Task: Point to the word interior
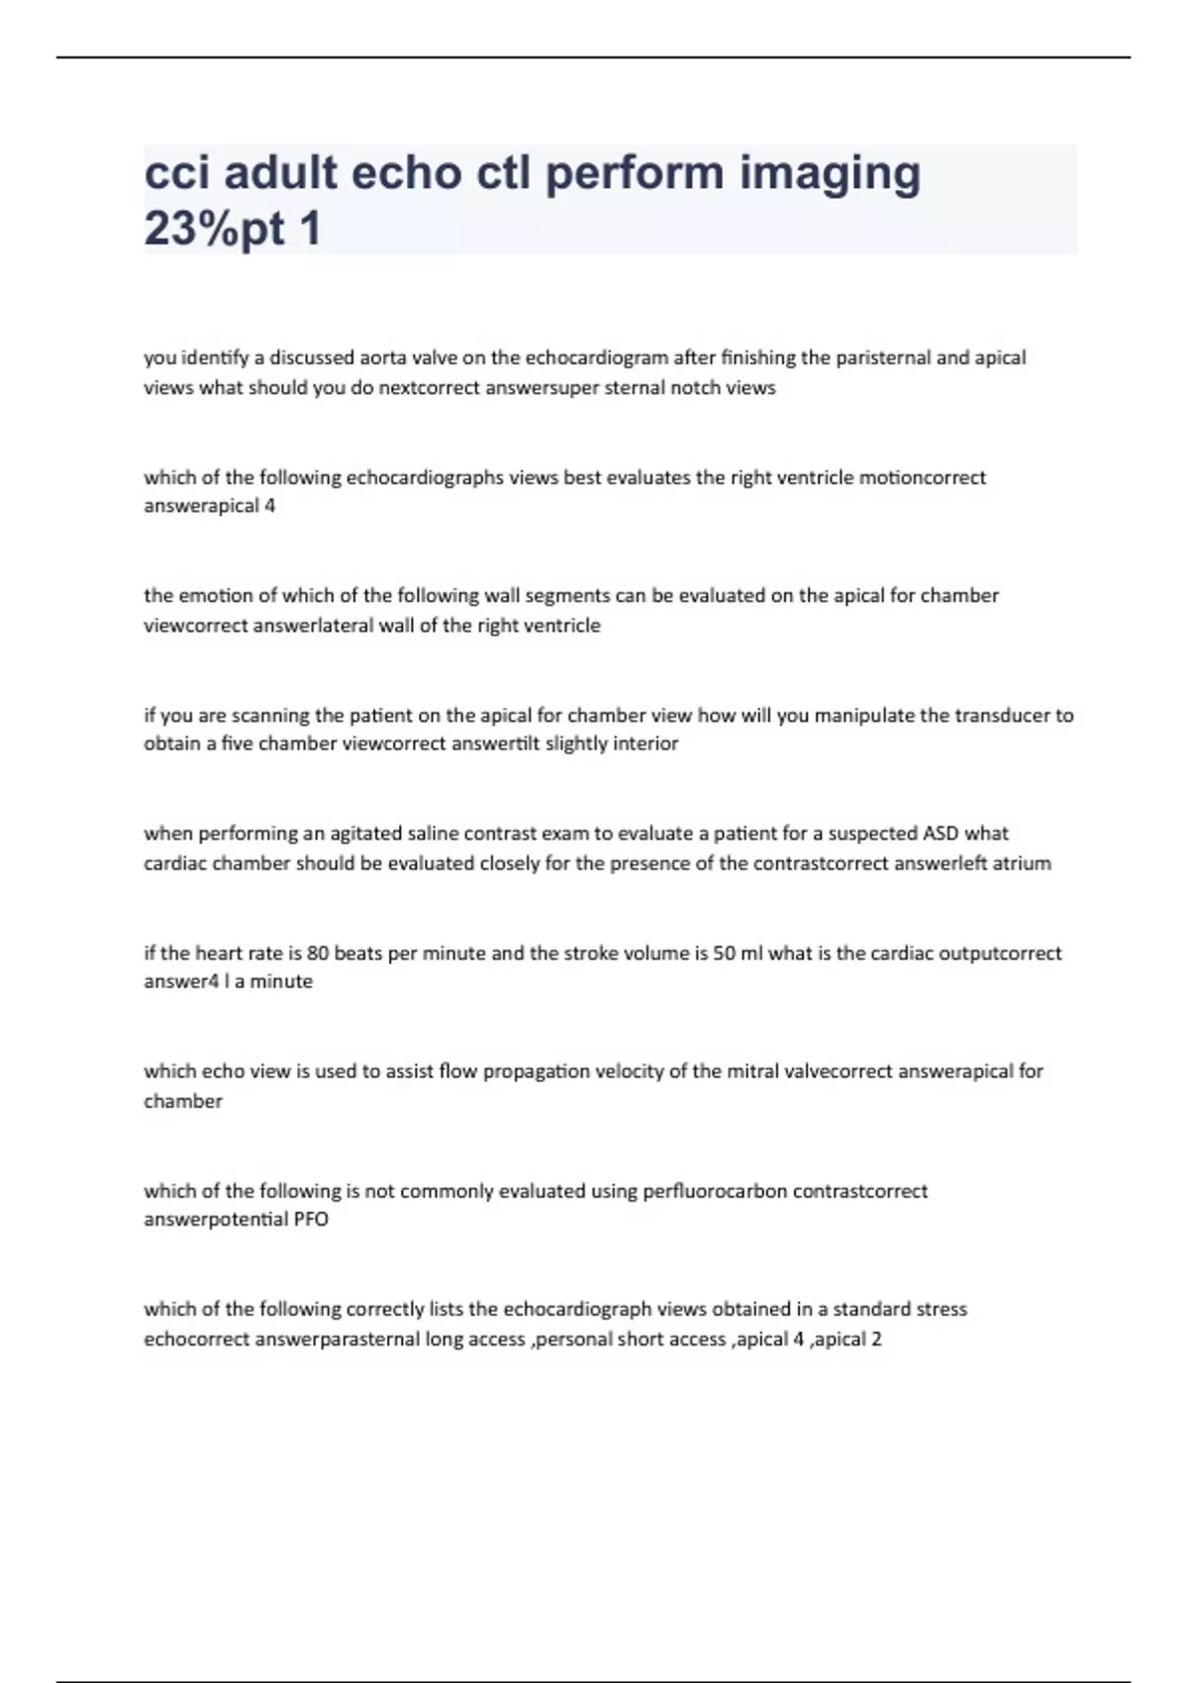coord(645,743)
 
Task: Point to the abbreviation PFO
coord(311,1220)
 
